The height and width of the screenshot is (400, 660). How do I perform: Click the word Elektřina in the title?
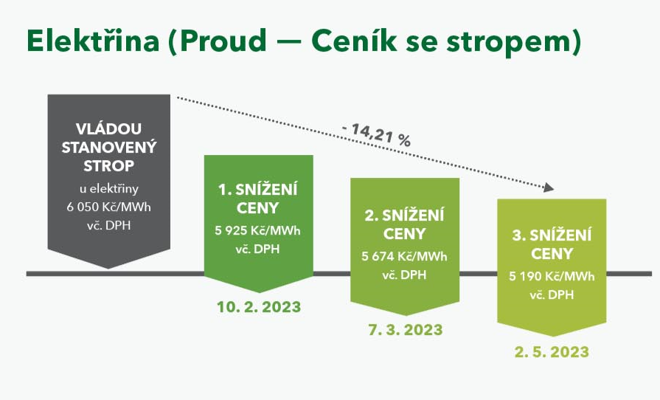pos(93,41)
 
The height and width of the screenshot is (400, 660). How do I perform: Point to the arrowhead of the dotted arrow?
pos(549,187)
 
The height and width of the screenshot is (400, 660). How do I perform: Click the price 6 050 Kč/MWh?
pos(108,207)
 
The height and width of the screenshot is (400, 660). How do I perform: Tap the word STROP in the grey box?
pos(108,166)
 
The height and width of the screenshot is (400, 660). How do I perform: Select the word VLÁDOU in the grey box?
pos(108,128)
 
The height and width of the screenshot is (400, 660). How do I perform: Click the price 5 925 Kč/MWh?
pos(257,231)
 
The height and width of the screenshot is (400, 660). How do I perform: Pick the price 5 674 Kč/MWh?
pos(404,256)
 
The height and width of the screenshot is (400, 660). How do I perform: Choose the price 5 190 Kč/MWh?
pos(552,276)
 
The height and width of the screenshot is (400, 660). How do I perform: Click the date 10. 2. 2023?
pos(259,307)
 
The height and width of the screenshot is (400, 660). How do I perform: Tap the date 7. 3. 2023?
pos(406,330)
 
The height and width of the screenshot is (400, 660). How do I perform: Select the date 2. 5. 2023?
pos(552,352)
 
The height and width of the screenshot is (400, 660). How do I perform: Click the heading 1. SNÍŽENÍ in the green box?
pos(257,190)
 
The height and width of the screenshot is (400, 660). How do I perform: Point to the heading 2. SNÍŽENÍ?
pos(404,215)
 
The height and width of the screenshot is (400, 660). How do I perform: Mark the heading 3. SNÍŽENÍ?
pos(552,235)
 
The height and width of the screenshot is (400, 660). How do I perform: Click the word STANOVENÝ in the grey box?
pos(109,148)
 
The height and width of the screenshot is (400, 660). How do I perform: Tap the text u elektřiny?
pos(109,189)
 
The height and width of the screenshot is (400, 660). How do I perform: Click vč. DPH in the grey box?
pos(108,226)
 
